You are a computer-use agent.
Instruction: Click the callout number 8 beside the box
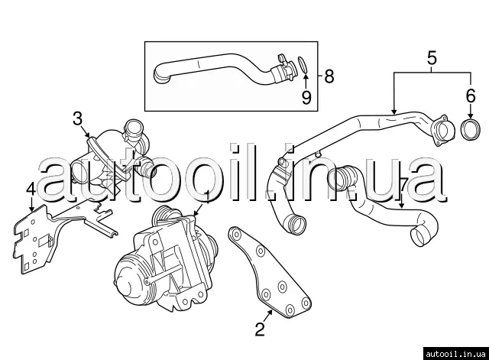[329, 76]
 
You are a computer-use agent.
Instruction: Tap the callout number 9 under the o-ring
[306, 97]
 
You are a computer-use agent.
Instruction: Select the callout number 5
[432, 58]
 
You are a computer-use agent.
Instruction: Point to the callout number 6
[471, 96]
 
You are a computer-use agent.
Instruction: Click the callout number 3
[78, 118]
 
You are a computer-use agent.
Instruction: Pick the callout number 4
[31, 190]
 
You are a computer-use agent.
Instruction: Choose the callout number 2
[260, 329]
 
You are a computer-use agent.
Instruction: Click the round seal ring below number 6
[471, 129]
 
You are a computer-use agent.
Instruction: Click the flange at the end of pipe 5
[442, 131]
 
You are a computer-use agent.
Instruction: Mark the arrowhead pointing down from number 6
[471, 115]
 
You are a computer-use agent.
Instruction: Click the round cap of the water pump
[128, 277]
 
